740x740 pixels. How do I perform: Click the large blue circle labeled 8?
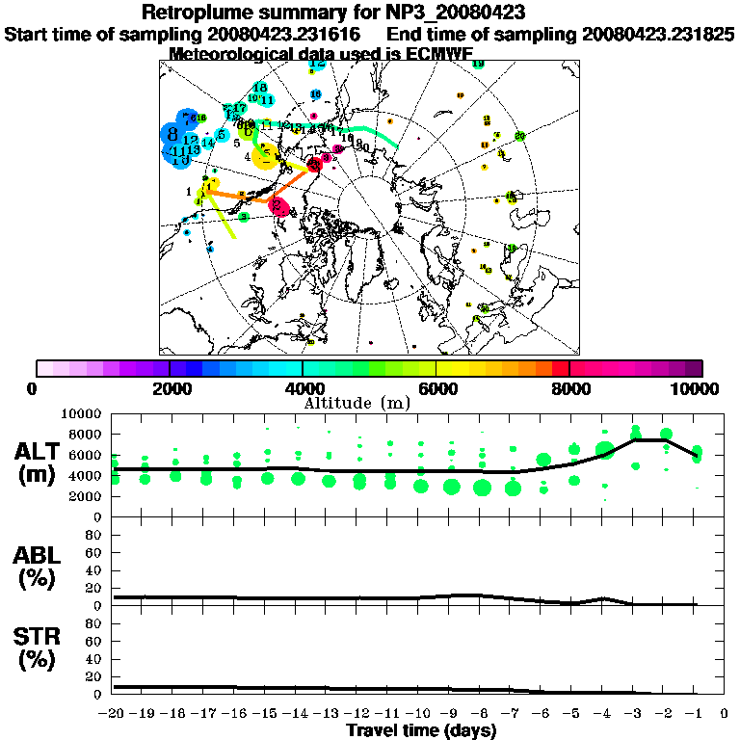[x=172, y=134]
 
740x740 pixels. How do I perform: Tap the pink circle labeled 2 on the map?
[x=278, y=204]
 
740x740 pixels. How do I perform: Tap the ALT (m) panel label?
[x=40, y=462]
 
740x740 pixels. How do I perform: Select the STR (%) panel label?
[x=40, y=648]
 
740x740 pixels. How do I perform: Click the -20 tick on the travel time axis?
[x=114, y=714]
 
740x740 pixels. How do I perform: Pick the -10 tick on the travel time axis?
[x=418, y=714]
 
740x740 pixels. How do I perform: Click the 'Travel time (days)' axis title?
[x=421, y=730]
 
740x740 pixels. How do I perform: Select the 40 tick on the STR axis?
[x=94, y=658]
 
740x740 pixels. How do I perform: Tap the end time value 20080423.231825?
[x=658, y=35]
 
